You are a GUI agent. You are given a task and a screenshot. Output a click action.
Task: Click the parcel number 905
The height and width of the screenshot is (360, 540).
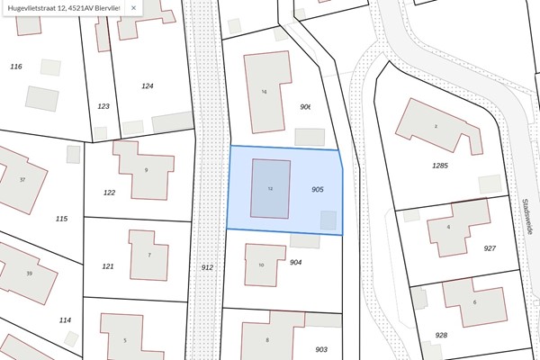317,190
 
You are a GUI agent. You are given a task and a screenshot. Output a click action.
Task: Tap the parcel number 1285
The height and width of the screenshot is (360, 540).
439,166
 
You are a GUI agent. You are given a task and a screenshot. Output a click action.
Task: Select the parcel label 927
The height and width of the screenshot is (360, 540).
490,247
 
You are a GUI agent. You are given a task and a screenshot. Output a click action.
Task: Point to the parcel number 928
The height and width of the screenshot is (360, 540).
441,335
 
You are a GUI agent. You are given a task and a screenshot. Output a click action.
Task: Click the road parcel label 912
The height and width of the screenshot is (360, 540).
207,267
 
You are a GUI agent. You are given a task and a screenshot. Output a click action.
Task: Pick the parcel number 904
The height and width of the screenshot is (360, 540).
295,263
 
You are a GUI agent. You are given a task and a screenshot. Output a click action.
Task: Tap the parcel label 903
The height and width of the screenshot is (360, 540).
321,349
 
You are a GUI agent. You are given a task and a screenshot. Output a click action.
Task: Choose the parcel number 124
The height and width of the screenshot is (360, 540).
148,85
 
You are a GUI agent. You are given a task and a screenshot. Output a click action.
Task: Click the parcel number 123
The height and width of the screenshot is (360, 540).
103,106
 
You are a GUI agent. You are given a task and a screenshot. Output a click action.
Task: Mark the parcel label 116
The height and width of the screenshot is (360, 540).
15,67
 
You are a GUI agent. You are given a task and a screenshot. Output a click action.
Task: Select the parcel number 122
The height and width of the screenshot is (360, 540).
109,193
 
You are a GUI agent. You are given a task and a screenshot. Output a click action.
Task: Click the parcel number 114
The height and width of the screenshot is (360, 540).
65,320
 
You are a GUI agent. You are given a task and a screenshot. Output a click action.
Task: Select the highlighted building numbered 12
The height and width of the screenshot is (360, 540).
270,189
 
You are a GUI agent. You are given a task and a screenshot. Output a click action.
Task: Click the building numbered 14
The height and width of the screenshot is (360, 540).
265,91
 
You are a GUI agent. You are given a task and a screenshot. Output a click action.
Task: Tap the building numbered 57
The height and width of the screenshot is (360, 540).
22,179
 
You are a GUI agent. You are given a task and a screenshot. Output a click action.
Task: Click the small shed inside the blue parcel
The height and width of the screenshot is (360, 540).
328,220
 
